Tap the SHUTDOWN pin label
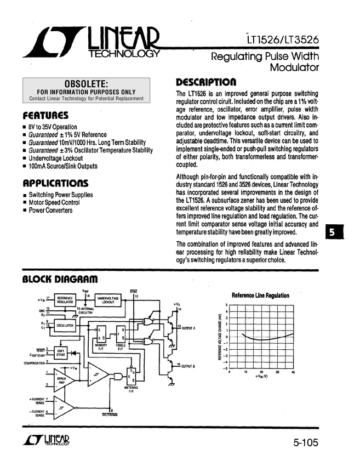(x=110, y=414)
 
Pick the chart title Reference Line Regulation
(x=260, y=295)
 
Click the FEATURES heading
(x=45, y=116)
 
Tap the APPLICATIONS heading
(x=55, y=183)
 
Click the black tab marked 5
(x=333, y=232)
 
